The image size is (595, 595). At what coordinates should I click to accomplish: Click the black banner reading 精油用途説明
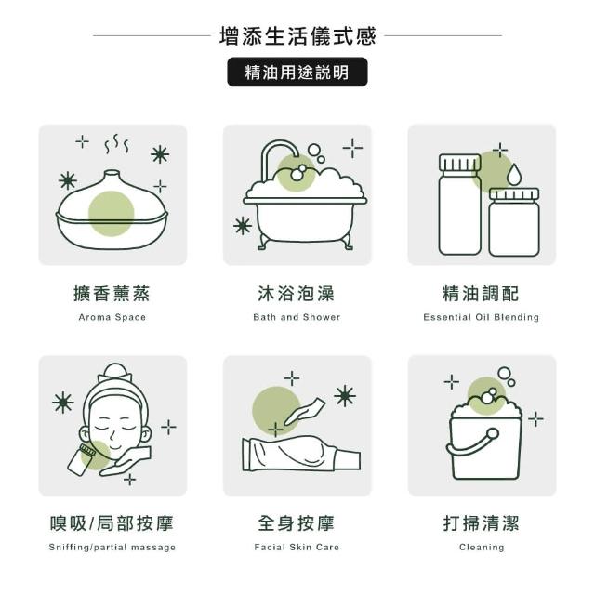(297, 73)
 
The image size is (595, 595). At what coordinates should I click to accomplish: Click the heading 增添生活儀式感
(297, 36)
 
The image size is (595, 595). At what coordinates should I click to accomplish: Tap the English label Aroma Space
(112, 317)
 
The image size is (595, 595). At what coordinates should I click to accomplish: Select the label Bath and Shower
(297, 317)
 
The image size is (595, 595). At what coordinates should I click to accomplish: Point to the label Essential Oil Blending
(482, 317)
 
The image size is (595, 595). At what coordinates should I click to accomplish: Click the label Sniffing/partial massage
(112, 548)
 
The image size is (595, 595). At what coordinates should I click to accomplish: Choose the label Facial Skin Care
(297, 548)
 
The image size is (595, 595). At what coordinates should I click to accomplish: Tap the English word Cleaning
(482, 548)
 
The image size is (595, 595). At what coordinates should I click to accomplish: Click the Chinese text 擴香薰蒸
(112, 294)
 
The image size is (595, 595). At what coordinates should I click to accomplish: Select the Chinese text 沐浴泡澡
(297, 294)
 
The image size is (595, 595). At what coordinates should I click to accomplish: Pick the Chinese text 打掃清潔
(482, 523)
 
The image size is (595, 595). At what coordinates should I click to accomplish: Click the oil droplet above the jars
(514, 175)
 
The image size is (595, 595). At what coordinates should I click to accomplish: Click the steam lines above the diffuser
(117, 144)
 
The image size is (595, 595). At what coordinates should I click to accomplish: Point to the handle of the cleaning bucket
(473, 443)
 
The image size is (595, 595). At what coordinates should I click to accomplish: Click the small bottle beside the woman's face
(81, 459)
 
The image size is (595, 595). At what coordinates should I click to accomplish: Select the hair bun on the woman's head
(115, 372)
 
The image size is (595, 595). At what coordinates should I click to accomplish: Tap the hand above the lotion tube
(305, 412)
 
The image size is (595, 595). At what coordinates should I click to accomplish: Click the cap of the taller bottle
(460, 163)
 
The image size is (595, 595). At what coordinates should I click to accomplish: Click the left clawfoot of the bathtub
(263, 243)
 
